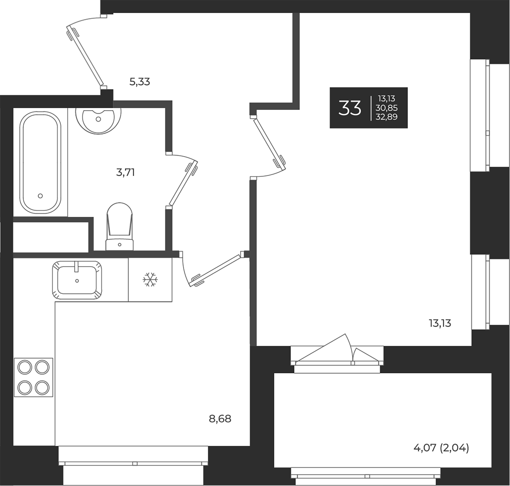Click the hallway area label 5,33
pyautogui.click(x=139, y=82)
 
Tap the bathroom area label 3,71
pyautogui.click(x=125, y=172)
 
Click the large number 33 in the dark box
pyautogui.click(x=350, y=108)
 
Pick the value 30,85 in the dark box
pyautogui.click(x=386, y=108)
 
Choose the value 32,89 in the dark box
pyautogui.click(x=386, y=117)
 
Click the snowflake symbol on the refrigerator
pyautogui.click(x=150, y=280)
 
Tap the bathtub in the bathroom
pyautogui.click(x=40, y=162)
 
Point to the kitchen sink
pyautogui.click(x=77, y=280)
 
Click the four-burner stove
pyautogui.click(x=33, y=377)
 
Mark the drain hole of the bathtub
pyautogui.click(x=40, y=196)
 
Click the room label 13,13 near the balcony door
pyautogui.click(x=440, y=323)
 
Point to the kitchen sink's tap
pyautogui.click(x=76, y=267)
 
